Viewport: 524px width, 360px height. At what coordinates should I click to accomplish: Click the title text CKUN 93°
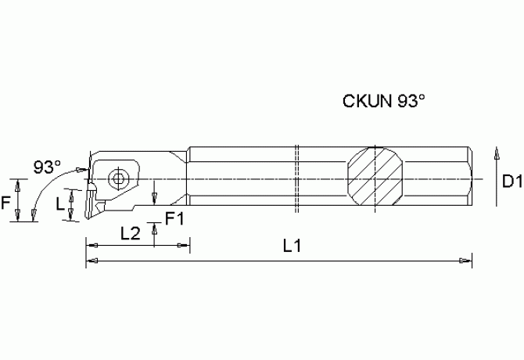tap(384, 101)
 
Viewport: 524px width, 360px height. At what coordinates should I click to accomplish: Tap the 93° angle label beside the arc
tap(47, 167)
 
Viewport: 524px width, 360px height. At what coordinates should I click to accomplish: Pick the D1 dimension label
tap(511, 182)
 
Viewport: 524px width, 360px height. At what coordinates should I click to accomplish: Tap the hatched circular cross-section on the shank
tap(375, 177)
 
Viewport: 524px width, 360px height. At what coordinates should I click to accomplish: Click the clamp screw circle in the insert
tap(117, 178)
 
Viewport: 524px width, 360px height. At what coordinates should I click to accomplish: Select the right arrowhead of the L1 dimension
tap(468, 257)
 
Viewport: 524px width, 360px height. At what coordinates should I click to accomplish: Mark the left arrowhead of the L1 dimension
tap(90, 257)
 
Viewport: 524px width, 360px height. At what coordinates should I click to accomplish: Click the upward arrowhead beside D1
tap(495, 153)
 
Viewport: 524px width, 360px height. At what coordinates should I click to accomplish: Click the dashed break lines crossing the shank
tap(298, 178)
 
